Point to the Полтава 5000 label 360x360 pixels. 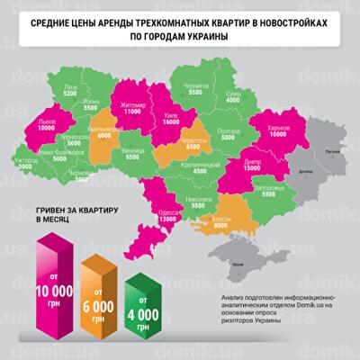click(x=229, y=133)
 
